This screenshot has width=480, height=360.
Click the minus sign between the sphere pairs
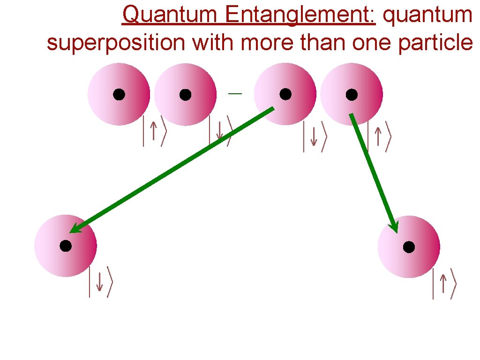pos(235,94)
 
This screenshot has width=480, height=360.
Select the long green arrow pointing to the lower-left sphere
pos(171,170)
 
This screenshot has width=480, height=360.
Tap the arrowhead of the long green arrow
pos(75,228)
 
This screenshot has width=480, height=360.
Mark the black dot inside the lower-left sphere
pos(66,246)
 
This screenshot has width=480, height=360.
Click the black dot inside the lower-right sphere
pos(409,247)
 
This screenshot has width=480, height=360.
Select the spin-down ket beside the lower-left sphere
pos(100,282)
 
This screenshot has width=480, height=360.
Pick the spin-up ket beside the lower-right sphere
pos(443,284)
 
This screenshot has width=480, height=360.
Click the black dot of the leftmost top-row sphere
pos(119,95)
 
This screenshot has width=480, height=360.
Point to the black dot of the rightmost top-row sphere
pos(352,95)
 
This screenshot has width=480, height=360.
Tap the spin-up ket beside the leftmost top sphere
pos(154,131)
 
